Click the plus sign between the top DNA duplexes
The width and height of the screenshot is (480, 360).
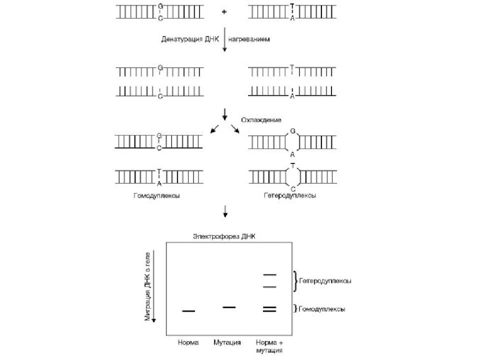coord(224,12)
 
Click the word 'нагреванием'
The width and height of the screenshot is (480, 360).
coord(249,39)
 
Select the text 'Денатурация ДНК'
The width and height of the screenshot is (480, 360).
coord(190,39)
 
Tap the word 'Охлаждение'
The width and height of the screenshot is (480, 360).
coord(261,120)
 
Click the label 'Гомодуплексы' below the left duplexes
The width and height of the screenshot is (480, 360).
coord(156,195)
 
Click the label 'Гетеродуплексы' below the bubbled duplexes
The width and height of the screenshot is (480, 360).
coord(290,195)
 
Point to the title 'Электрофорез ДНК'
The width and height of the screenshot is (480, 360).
coord(224,236)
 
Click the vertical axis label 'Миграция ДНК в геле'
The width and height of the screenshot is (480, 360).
coord(147,286)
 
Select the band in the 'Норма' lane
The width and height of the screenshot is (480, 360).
coord(188,311)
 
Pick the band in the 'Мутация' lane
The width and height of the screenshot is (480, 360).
coord(229,307)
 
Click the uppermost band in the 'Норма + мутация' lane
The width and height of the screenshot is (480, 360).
coord(269,275)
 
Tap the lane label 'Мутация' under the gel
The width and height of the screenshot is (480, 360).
coord(227,342)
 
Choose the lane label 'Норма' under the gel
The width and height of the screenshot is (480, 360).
coord(188,342)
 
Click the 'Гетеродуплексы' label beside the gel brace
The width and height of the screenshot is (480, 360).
coord(325,281)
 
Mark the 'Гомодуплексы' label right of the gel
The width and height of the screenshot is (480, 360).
coord(321,309)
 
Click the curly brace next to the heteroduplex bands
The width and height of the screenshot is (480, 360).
coord(295,281)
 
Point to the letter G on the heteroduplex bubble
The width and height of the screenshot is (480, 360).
coord(292,131)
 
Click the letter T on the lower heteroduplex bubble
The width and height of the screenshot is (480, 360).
coord(293,166)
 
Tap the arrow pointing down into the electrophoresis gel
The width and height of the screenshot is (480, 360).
coord(225,211)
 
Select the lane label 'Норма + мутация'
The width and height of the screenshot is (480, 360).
coord(269,346)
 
